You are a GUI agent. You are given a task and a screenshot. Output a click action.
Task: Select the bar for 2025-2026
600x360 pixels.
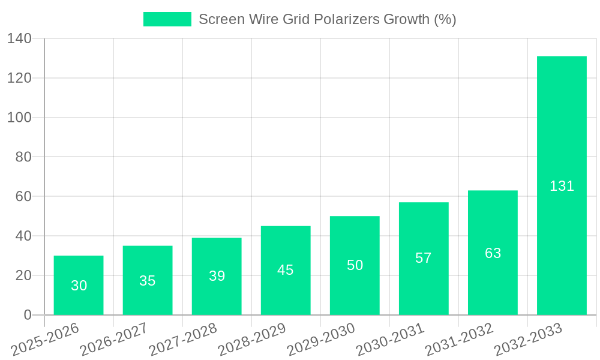point(79,285)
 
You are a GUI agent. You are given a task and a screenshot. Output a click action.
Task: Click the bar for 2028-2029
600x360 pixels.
point(286,270)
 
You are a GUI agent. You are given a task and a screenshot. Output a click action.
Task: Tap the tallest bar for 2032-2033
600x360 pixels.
point(562,185)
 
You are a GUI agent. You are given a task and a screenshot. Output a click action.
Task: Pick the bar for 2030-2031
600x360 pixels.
point(424,259)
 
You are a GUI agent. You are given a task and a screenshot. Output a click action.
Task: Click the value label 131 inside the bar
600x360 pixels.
point(562,186)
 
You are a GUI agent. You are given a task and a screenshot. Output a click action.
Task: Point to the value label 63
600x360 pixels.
point(493,253)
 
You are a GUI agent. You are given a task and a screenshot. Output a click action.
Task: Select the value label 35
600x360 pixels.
point(148,281)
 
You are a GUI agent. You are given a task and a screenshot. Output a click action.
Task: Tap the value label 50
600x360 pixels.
point(355,265)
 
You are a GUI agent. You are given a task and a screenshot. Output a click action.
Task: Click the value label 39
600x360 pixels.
point(217,276)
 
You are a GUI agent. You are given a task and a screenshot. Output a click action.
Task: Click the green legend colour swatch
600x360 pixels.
point(167,19)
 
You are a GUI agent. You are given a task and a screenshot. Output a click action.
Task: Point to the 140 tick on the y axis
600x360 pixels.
point(19,38)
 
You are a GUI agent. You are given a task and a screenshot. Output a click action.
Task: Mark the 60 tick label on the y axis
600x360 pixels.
point(23,196)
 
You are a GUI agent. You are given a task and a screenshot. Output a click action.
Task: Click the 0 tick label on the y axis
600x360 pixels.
point(27,315)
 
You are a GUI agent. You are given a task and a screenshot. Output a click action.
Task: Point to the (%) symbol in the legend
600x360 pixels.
point(445,19)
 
